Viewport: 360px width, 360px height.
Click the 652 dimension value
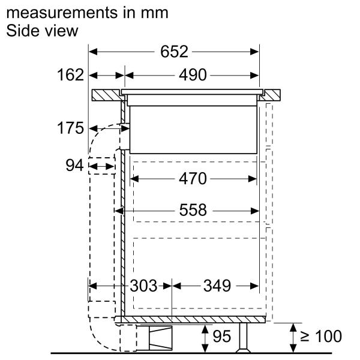coord(173,52)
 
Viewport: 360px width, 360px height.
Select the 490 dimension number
coord(192,76)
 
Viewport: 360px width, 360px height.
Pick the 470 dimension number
coord(192,178)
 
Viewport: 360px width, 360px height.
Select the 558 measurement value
coord(192,210)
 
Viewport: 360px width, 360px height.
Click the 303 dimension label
coord(144,286)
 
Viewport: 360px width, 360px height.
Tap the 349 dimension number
coord(216,286)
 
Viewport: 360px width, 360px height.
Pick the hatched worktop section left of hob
coord(107,95)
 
